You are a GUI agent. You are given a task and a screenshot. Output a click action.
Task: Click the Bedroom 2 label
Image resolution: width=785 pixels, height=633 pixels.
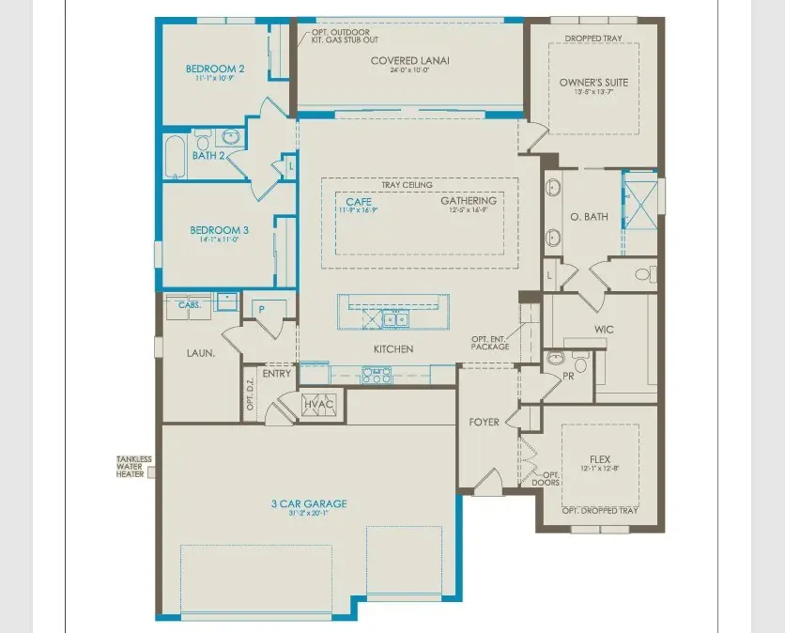215,69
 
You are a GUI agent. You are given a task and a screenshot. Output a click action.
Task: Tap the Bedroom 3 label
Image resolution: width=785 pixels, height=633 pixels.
219,230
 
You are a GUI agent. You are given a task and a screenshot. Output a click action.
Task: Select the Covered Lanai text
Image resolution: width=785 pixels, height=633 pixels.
409,61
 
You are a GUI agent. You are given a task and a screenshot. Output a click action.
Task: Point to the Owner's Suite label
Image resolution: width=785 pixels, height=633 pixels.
593,83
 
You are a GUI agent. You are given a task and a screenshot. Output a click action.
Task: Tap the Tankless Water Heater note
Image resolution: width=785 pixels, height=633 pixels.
133,467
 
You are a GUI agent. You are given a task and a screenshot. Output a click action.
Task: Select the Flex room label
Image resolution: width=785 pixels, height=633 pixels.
600,460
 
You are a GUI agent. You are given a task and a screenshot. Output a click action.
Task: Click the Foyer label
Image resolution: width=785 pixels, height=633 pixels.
484,423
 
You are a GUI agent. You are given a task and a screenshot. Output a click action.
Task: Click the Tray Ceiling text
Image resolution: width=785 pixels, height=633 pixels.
407,185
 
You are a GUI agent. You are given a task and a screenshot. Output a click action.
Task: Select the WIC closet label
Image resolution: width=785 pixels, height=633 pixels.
603,330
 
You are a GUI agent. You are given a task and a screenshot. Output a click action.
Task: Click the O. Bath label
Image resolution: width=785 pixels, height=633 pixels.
589,217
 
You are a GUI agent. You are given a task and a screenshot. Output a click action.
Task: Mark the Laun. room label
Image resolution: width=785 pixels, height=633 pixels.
199,353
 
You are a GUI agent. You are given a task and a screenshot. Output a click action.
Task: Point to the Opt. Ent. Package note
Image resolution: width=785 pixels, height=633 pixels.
491,343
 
